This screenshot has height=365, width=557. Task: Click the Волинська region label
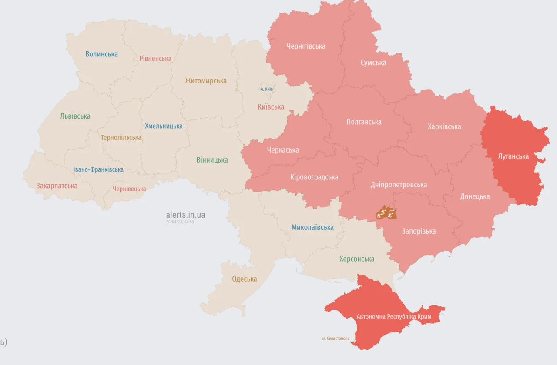coord(101,54)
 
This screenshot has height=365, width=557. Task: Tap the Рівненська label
coord(155,58)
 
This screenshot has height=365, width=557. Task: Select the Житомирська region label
coord(205,81)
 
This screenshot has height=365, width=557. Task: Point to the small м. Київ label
coord(266,89)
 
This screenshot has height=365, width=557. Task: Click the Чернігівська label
coord(305,46)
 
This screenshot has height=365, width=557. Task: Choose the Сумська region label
coord(373,63)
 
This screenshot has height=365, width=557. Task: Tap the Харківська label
coord(444,126)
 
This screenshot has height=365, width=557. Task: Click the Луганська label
coord(513,156)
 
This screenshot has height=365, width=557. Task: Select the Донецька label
coord(475,196)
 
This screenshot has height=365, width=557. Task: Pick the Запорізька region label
coord(419,231)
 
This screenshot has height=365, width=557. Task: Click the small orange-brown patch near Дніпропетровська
coord(386,213)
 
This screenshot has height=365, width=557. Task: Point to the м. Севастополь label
coord(336,338)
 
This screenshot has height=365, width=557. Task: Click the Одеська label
coord(244,279)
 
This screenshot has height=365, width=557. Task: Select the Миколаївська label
coord(312,227)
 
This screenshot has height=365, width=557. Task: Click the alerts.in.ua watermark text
coord(185,215)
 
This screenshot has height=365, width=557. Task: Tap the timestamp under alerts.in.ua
coord(180,222)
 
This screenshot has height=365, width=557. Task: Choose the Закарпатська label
coord(57,186)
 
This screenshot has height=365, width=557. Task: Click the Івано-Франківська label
coord(98,169)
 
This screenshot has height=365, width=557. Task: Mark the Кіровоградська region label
coord(314,177)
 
